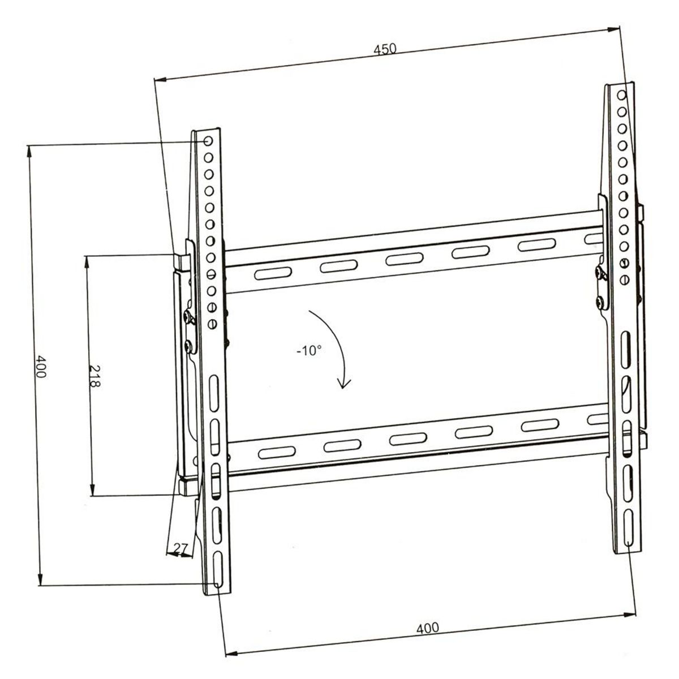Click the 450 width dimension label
coord(384,49)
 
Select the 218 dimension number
coord(94,376)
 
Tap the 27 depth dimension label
coord(181,548)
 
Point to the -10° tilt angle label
coord(308,351)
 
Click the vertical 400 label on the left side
coord(40,367)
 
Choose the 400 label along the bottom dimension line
coord(427,628)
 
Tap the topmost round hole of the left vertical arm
coord(208,140)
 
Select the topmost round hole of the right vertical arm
coord(621,94)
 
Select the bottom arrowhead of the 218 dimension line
coord(92,492)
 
